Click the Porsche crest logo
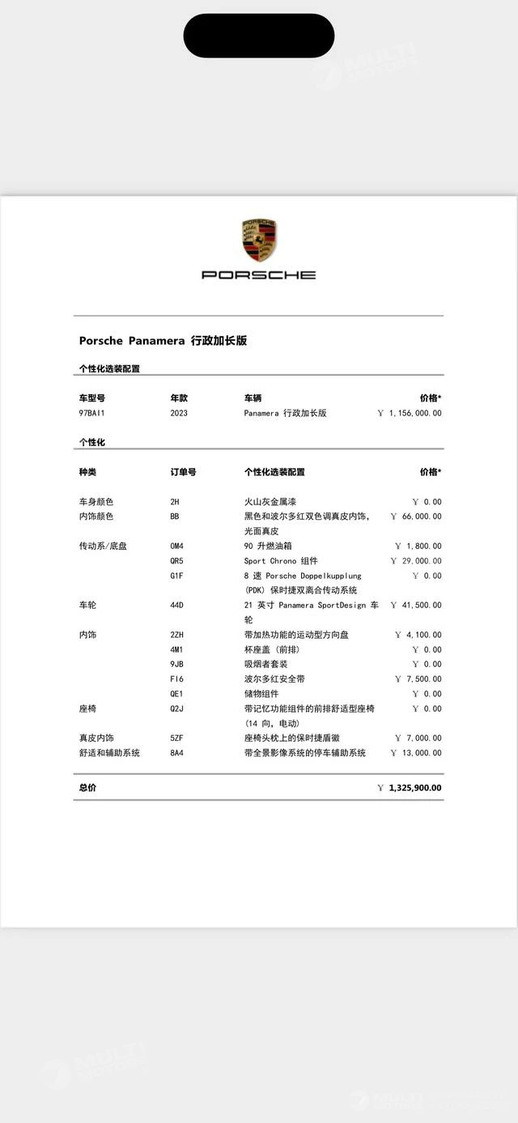coord(259,240)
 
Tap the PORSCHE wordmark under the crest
coord(259,275)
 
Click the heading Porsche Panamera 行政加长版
coord(163,341)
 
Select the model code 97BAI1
coord(91,413)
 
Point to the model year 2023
coord(179,413)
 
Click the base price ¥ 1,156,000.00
coord(410,413)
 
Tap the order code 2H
coord(175,502)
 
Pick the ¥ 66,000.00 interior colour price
coord(416,517)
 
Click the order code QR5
coord(176,561)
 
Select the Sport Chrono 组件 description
coord(281,561)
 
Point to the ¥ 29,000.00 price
coord(416,561)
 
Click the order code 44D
coord(176,606)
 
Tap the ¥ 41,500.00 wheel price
coord(416,606)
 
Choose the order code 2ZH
coord(176,636)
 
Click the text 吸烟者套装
coord(265,665)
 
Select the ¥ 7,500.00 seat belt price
coord(418,679)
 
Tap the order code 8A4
coord(176,753)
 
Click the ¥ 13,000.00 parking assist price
coord(416,753)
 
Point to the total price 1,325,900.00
coord(415,788)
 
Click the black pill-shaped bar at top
coord(259,36)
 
